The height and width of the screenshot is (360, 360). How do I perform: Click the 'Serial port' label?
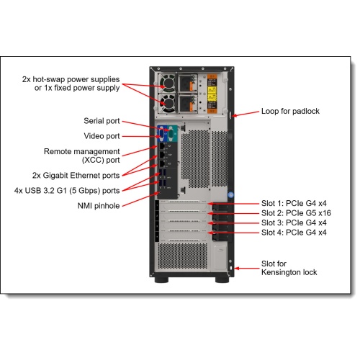pyautogui.click(x=102, y=121)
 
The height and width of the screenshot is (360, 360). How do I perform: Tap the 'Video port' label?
pyautogui.click(x=102, y=136)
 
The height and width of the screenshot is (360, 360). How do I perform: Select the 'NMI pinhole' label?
pyautogui.click(x=99, y=206)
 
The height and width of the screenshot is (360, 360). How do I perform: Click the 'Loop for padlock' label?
pyautogui.click(x=290, y=111)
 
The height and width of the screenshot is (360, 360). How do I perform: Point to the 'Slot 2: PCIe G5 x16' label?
pyautogui.click(x=296, y=213)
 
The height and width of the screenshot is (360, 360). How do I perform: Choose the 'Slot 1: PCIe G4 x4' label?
pyautogui.click(x=294, y=203)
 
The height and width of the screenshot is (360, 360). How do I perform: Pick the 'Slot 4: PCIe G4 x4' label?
pyautogui.click(x=294, y=233)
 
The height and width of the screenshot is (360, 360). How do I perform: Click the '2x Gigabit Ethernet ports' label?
pyautogui.click(x=76, y=176)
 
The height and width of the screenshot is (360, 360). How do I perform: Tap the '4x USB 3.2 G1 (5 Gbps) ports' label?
pyautogui.click(x=67, y=191)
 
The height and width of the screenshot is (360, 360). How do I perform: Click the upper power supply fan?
pyautogui.click(x=168, y=83)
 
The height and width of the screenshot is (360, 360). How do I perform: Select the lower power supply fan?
pyautogui.click(x=168, y=103)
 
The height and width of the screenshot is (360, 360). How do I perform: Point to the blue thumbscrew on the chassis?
pyautogui.click(x=230, y=194)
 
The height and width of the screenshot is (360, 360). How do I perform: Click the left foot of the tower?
pyautogui.click(x=161, y=279)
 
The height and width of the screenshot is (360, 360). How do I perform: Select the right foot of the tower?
pyautogui.click(x=222, y=279)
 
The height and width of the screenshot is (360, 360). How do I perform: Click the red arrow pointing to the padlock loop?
pyautogui.click(x=246, y=114)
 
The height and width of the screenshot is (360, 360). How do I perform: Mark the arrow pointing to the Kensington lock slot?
pyautogui.click(x=247, y=269)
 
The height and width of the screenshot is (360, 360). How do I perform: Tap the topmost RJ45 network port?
pyautogui.click(x=162, y=145)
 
